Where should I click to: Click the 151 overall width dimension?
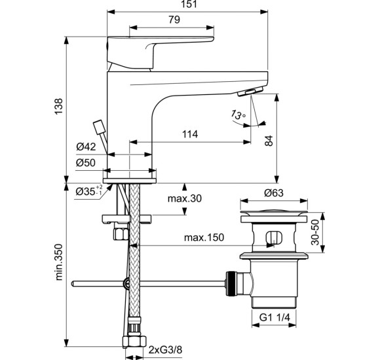189,4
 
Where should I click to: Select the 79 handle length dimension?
174,20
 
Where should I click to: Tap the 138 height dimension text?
58,107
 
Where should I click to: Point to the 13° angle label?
238,115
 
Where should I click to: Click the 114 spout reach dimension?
190,134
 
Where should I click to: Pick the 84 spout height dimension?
269,141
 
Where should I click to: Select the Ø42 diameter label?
86,147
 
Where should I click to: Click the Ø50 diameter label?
86,163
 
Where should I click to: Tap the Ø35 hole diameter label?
89,191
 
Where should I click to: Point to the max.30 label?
185,198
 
